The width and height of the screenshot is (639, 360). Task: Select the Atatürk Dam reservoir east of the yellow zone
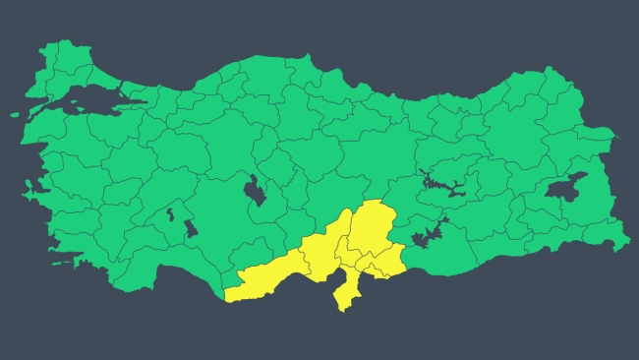coord(429,237)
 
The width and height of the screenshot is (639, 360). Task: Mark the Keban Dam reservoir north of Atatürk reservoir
coord(442,182)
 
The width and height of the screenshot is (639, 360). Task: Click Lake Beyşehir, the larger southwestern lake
coord(190,228)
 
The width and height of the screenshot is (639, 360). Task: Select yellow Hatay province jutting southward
coord(346,289)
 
